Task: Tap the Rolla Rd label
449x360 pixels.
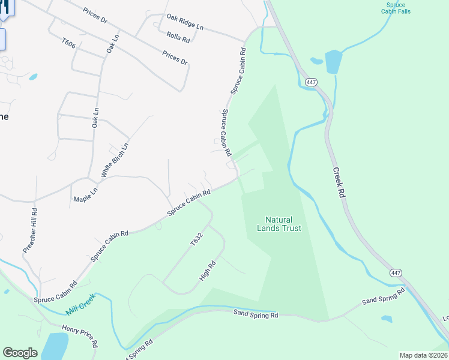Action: (178, 38)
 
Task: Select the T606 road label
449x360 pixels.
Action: (68, 44)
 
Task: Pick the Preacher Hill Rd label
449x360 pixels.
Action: (31, 230)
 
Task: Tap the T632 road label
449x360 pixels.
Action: (197, 239)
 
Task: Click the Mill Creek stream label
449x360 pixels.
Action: (81, 306)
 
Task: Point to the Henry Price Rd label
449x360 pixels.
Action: (79, 336)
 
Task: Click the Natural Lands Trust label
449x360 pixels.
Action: (279, 224)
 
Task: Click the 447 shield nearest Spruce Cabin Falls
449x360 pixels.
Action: (310, 82)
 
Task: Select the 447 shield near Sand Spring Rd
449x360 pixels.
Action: (395, 273)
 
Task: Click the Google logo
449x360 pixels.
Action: (20, 353)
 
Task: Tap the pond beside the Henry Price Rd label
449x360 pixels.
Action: (54, 347)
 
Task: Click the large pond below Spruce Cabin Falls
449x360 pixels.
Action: (333, 62)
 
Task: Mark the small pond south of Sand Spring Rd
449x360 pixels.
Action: (387, 319)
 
